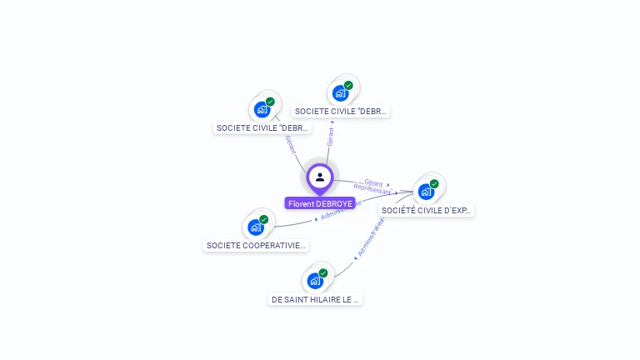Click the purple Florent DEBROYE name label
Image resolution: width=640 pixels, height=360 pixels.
pos(320,203)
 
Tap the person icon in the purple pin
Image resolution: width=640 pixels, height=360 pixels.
pos(320,177)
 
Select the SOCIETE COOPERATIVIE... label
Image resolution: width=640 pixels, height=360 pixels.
pos(257,246)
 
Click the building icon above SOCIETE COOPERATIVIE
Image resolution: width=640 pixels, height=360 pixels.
pos(256,227)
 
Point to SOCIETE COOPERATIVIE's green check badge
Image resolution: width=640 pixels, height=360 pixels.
pos(264,219)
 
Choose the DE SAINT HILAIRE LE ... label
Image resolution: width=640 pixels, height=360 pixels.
pos(316,299)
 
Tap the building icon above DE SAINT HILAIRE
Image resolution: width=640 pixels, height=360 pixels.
pos(315,281)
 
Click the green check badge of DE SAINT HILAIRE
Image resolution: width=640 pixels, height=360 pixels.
pos(323,272)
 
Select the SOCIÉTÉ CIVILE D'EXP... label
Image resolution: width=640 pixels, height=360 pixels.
pos(427,211)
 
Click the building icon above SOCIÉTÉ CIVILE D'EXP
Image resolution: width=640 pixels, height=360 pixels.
pos(426,192)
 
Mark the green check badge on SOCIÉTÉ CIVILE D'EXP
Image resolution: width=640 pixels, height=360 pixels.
pos(434,183)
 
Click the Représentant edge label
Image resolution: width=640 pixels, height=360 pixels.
pos(372,191)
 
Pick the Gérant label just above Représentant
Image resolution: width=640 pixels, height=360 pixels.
pos(373,182)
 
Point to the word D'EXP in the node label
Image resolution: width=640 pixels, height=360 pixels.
pos(456,211)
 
